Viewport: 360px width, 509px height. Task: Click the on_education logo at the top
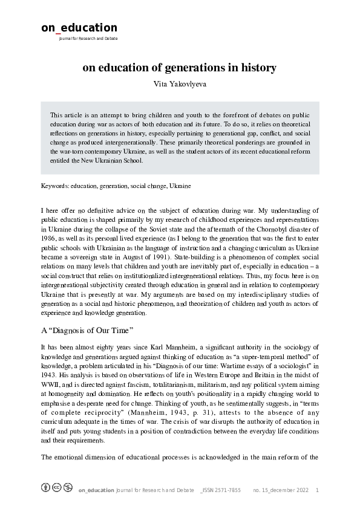pos(79,28)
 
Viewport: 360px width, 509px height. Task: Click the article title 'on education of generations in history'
pos(180,68)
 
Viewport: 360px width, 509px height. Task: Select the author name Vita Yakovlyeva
pos(180,83)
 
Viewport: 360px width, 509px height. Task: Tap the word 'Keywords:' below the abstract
pos(54,186)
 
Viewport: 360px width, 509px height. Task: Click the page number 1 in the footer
pos(318,490)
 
